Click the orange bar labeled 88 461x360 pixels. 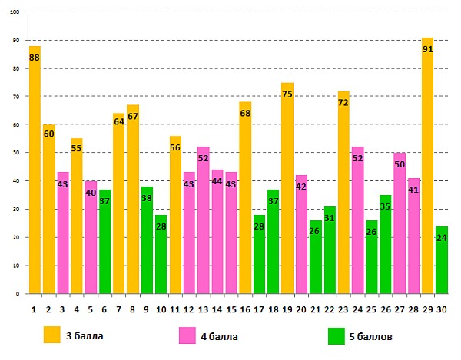[35, 169]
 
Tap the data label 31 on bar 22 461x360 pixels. [330, 218]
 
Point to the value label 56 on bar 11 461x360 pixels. [175, 147]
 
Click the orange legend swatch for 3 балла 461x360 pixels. [51, 335]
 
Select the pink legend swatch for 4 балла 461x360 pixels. [187, 335]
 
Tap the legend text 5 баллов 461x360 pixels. [372, 336]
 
